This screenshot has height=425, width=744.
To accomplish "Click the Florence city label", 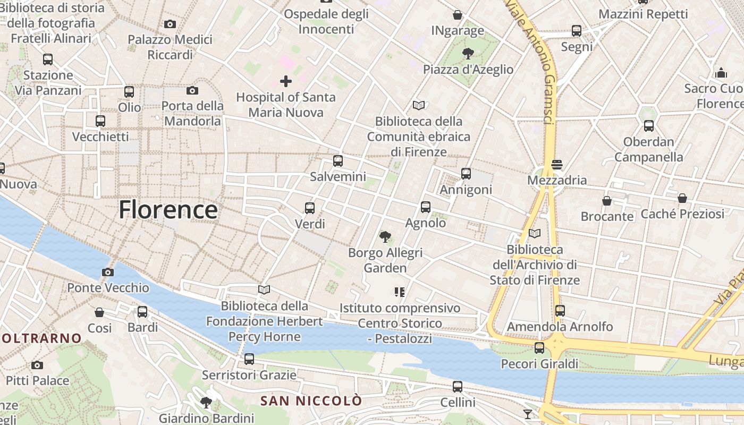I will (x=168, y=209).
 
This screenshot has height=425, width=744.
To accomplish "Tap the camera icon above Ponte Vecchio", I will (x=107, y=273).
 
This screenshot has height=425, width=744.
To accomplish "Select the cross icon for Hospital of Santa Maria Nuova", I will (x=286, y=81).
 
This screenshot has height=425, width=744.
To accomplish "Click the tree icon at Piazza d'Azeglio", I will (x=468, y=53).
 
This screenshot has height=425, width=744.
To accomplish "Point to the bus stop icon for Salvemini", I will (x=338, y=161).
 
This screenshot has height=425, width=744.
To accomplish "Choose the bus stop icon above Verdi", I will (x=310, y=208).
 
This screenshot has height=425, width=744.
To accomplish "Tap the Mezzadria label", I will (x=557, y=180).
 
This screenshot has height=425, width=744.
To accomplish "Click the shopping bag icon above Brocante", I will (x=607, y=201).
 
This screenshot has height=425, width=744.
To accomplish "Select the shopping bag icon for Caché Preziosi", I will (x=682, y=199).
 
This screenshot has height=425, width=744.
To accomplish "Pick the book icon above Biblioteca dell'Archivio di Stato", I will (x=535, y=234).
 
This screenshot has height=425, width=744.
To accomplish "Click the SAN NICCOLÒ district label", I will (x=311, y=401).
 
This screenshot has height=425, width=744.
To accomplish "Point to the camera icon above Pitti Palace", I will (x=37, y=365).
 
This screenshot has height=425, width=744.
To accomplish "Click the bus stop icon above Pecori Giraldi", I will (x=539, y=348).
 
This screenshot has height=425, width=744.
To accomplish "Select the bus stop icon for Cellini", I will (x=458, y=387).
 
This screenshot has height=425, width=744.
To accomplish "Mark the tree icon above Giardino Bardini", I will (x=206, y=403).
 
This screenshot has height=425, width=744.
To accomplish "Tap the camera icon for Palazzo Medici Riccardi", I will (x=170, y=24).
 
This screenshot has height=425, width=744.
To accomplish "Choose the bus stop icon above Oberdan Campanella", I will (x=649, y=126).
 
